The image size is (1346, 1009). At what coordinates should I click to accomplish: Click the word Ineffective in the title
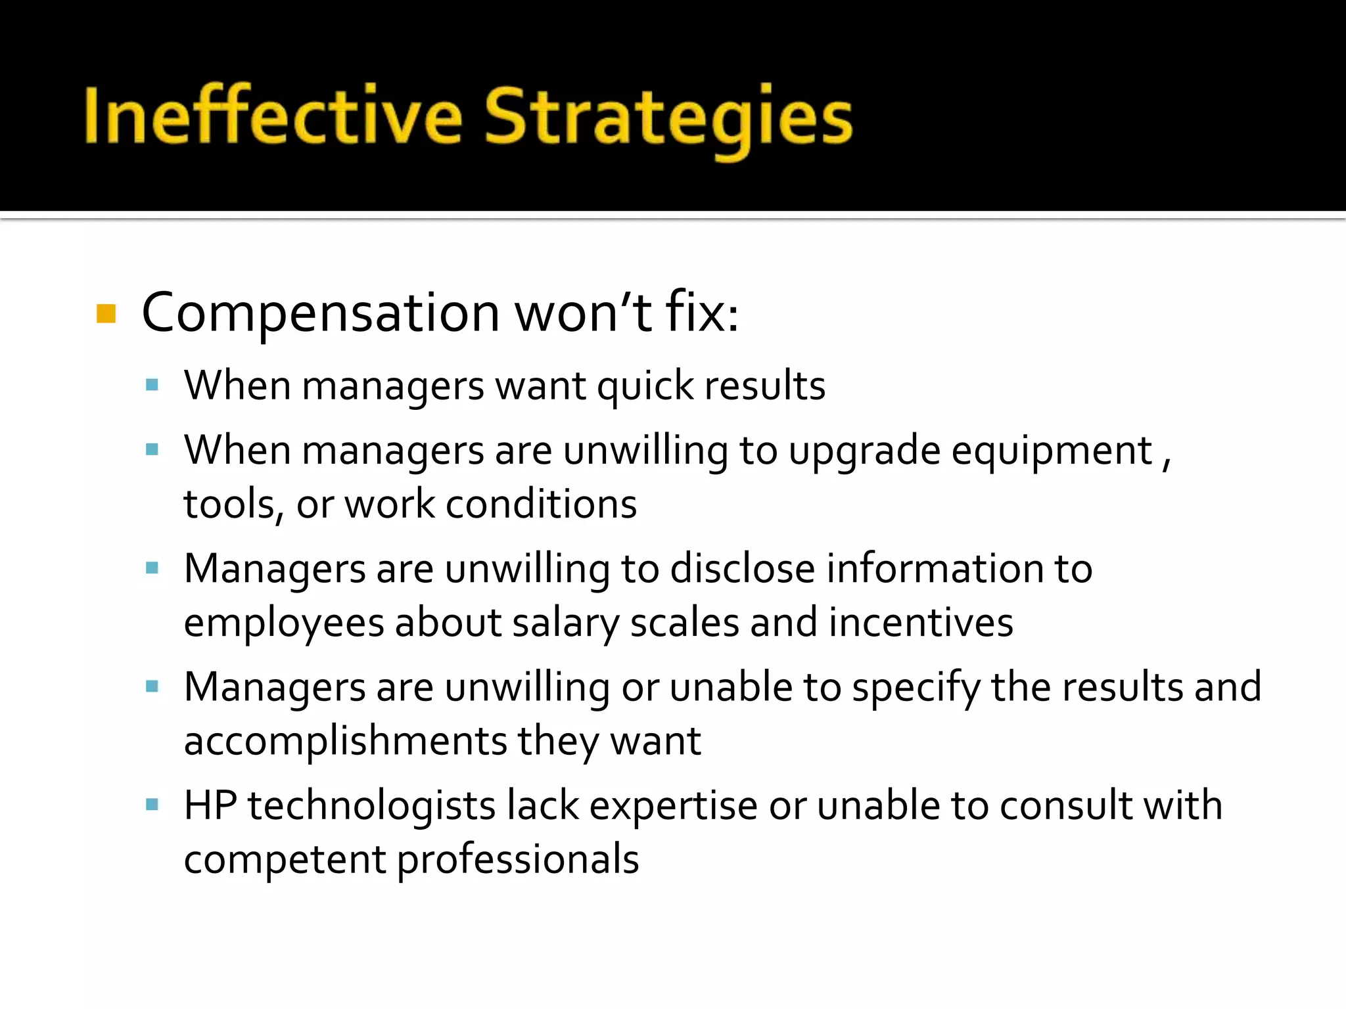click(273, 116)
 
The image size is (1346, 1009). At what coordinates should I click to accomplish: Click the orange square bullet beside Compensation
click(106, 313)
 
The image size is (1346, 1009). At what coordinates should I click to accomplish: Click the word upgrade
click(865, 452)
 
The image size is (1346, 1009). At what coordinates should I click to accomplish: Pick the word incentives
click(921, 622)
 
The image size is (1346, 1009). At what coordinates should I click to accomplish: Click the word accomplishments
click(345, 741)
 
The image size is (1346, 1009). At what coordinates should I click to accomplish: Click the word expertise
click(674, 806)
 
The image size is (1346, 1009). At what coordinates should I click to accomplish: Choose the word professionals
click(518, 859)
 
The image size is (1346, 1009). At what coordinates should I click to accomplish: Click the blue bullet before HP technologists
click(152, 805)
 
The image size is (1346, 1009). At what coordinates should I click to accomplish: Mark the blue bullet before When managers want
click(152, 385)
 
